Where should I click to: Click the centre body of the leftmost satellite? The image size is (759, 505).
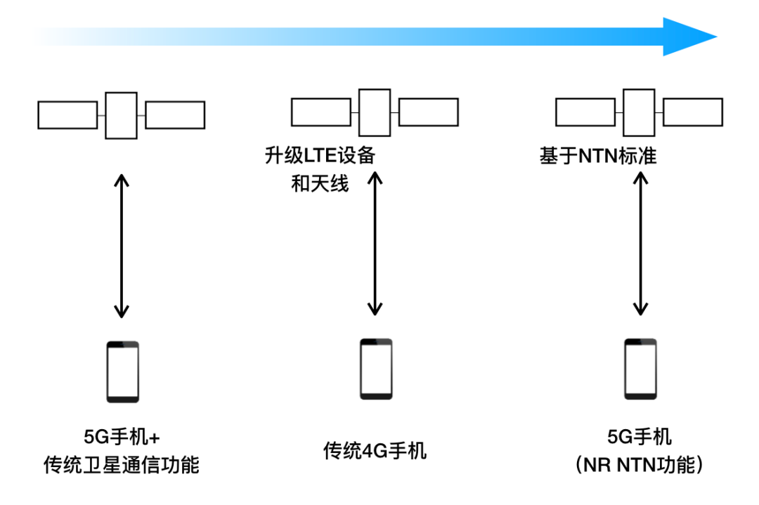[122, 115]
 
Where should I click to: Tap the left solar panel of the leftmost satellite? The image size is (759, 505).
[67, 115]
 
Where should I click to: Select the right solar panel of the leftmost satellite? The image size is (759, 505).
[175, 115]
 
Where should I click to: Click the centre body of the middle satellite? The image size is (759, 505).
[375, 112]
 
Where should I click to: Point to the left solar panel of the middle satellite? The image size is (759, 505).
[321, 112]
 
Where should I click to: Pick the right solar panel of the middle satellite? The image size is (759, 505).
[429, 112]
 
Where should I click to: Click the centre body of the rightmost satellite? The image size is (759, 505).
[639, 112]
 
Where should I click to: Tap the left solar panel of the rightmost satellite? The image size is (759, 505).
[585, 112]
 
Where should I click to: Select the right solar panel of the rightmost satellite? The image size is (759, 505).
[693, 112]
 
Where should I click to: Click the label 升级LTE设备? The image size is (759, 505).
[320, 155]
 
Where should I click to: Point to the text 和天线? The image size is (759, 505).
[320, 185]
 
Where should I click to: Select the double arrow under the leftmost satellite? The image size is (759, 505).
[122, 245]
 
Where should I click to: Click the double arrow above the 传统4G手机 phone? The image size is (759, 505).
[375, 244]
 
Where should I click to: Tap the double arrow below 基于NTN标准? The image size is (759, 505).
[640, 244]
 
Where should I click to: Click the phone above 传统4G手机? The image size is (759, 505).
[376, 369]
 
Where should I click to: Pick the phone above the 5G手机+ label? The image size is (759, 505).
[122, 372]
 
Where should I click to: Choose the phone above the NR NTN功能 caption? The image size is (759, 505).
[640, 369]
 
